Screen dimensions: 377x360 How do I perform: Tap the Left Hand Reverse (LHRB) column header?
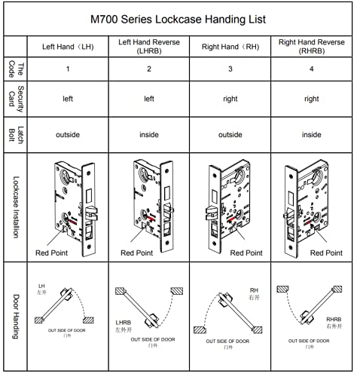[x=148, y=46]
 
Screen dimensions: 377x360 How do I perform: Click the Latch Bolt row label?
[x=16, y=135]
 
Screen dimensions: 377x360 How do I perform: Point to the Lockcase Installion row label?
[x=16, y=208]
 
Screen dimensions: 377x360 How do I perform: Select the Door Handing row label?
[x=16, y=317]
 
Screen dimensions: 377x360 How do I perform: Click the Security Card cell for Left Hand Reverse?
[x=148, y=99]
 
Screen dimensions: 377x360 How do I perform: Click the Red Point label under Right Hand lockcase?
[x=244, y=253]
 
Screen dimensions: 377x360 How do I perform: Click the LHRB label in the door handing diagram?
[x=124, y=322]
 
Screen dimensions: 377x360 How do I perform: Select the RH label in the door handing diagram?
[x=254, y=290]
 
